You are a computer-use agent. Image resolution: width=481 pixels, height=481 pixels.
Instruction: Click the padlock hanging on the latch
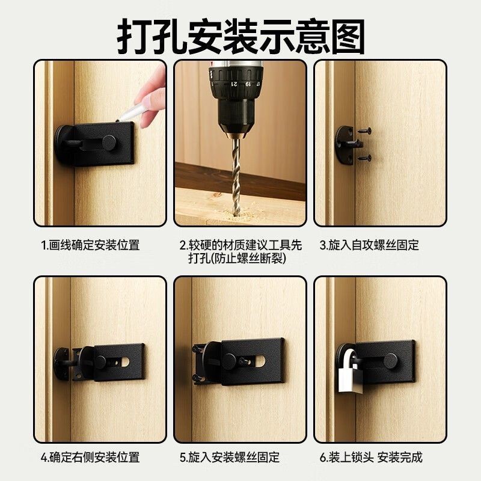click(351, 376)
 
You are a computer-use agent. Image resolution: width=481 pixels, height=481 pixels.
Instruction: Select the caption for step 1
click(91, 245)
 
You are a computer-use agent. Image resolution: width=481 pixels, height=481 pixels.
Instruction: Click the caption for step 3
click(369, 245)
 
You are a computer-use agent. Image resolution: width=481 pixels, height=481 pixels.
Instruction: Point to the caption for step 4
click(91, 458)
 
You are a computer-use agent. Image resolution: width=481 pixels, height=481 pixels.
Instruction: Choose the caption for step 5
click(230, 458)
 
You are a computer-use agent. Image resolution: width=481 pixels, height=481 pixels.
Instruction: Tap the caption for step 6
click(371, 458)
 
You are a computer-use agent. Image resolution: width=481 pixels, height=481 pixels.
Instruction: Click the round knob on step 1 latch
click(109, 142)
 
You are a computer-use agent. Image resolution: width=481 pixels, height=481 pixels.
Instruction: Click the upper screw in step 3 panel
click(364, 131)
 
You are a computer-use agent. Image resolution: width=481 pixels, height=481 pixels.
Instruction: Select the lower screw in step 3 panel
click(364, 159)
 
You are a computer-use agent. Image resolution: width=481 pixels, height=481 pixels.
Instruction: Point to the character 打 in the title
click(134, 36)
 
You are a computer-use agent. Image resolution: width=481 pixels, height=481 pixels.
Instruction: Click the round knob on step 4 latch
click(100, 363)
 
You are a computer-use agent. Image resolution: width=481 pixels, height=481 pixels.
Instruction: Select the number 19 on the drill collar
click(248, 84)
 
